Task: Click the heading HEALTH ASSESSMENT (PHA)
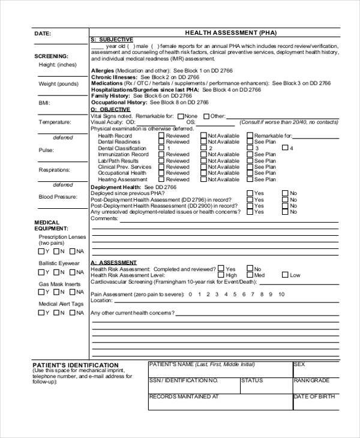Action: point(222,33)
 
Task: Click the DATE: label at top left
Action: point(42,34)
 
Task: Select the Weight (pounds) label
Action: point(58,83)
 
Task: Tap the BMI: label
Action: point(44,103)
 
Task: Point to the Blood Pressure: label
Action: point(58,197)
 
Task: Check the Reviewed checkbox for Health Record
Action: point(161,136)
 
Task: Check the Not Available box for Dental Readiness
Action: point(203,142)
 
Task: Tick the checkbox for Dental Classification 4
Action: point(284,148)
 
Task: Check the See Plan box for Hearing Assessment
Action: point(249,179)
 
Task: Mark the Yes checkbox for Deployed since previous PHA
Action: point(249,193)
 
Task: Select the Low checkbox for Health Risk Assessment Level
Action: point(284,275)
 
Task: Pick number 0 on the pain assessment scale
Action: point(190,295)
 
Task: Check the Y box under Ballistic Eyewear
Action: point(41,272)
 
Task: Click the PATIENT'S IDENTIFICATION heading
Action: point(75,365)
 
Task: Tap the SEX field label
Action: point(299,364)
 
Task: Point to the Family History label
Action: point(111,96)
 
